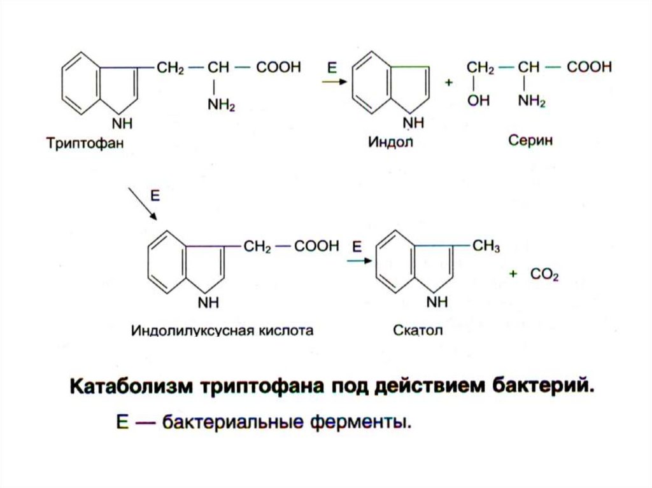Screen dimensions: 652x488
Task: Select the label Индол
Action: click(x=390, y=142)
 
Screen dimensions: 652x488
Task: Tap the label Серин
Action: click(x=530, y=140)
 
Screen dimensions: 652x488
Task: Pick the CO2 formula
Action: click(x=545, y=274)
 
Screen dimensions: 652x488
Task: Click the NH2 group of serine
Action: click(x=532, y=101)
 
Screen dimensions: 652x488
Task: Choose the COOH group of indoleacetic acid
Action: click(x=316, y=247)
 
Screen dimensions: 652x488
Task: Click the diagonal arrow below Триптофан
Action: click(x=142, y=204)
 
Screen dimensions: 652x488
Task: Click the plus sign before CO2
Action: click(x=513, y=274)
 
